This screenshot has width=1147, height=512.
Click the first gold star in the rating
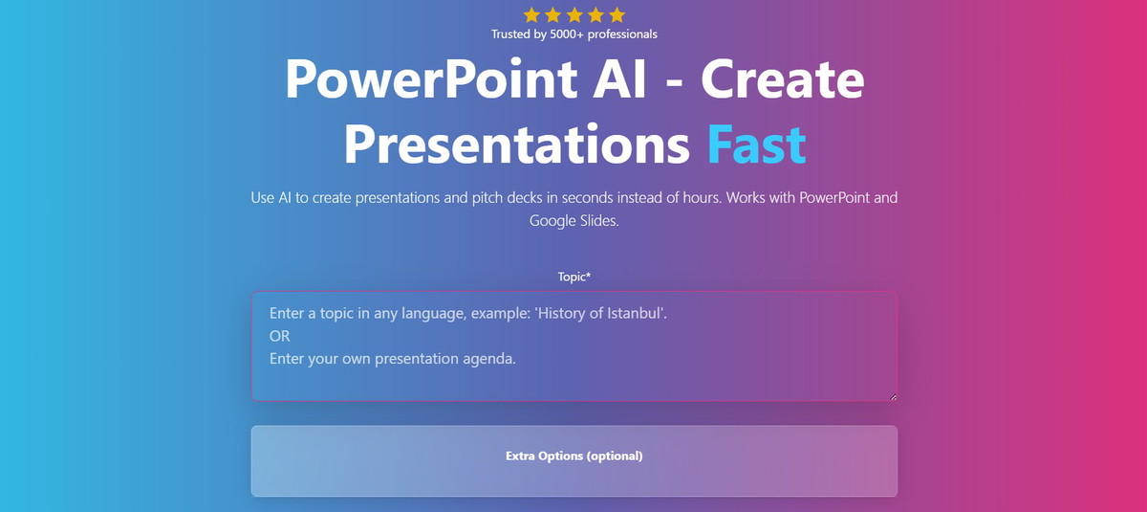click(x=531, y=15)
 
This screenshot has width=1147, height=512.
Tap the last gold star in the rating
click(x=617, y=15)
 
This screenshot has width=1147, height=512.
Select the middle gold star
click(x=574, y=15)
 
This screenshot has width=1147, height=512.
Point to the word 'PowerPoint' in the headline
click(x=432, y=78)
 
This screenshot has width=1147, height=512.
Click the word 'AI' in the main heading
click(x=620, y=78)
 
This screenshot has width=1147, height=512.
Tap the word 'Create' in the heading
click(x=783, y=78)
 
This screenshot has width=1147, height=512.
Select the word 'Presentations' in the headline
click(x=517, y=144)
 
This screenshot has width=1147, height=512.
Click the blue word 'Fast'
click(x=757, y=144)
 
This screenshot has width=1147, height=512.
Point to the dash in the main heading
click(x=675, y=82)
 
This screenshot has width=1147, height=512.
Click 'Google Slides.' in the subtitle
click(x=574, y=221)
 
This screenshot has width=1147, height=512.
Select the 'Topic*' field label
click(x=574, y=278)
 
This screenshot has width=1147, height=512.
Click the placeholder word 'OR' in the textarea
click(x=279, y=336)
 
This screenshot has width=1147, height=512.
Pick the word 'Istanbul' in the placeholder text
click(x=635, y=313)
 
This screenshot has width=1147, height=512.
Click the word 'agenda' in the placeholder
click(x=489, y=359)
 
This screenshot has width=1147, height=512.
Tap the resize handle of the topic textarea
click(x=893, y=397)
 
